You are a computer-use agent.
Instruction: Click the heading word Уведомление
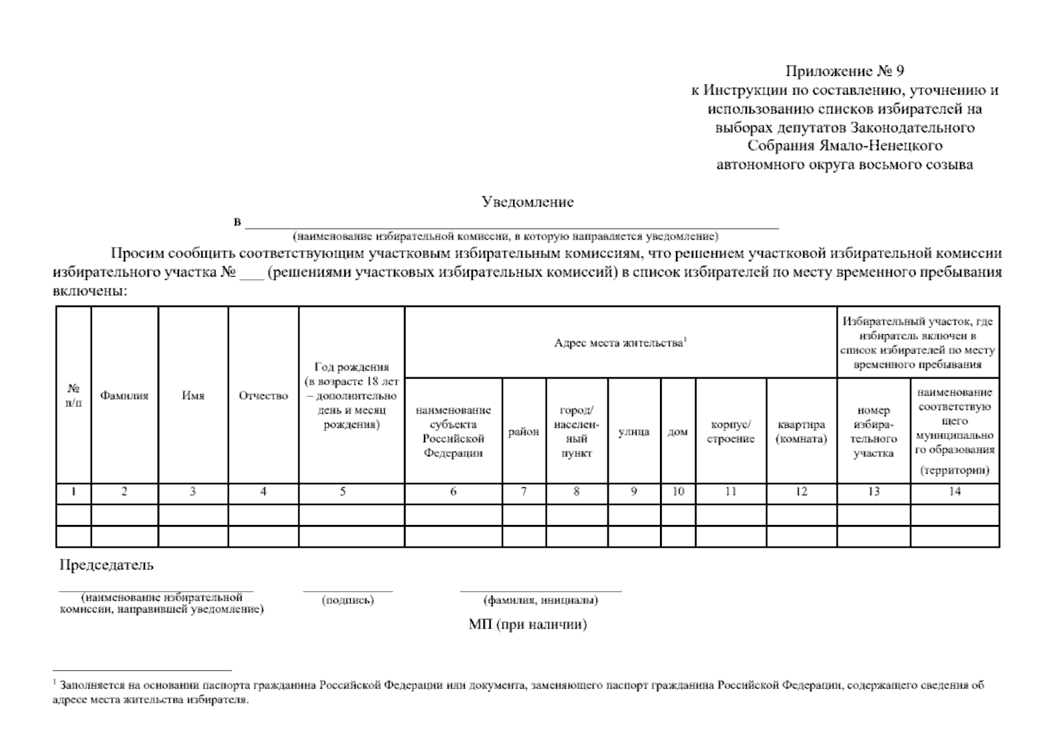(527, 202)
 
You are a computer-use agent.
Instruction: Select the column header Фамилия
(124, 396)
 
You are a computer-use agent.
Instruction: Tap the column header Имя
(193, 396)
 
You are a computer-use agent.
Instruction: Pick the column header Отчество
(263, 396)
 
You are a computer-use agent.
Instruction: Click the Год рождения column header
(351, 396)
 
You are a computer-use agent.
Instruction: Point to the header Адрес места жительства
(620, 343)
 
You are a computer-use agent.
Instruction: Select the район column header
(523, 432)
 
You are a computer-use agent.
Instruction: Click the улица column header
(633, 432)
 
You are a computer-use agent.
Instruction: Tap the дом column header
(677, 432)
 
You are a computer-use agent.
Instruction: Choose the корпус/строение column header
(730, 432)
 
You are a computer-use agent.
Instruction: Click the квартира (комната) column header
(801, 432)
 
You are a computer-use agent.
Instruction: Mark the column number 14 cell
(954, 492)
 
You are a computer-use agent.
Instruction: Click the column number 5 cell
(343, 492)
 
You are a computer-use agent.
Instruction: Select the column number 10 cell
(678, 492)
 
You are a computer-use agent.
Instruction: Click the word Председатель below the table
(106, 565)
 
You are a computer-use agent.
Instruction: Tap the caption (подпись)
(348, 600)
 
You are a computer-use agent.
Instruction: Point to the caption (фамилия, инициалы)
(540, 600)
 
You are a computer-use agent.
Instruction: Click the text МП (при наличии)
(527, 624)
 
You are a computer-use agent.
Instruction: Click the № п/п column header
(73, 396)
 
